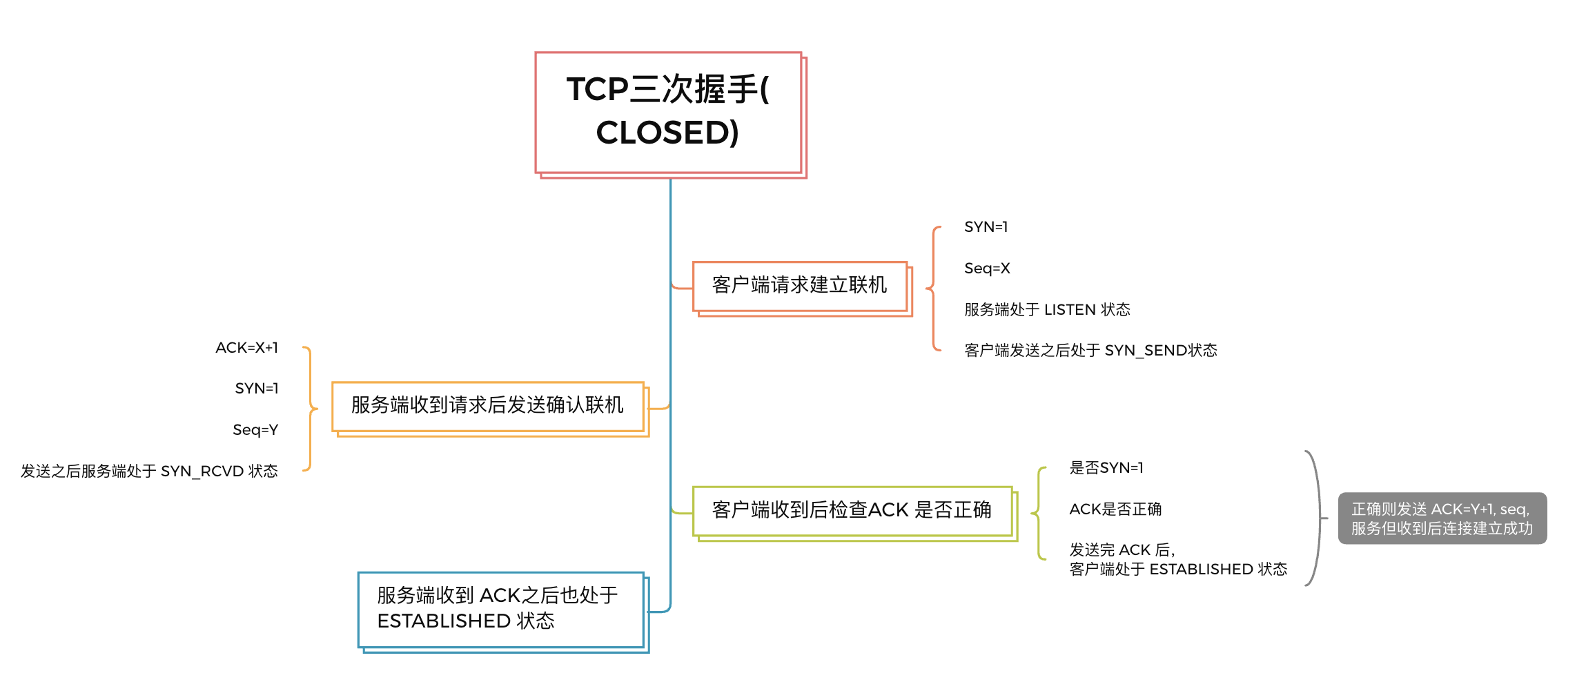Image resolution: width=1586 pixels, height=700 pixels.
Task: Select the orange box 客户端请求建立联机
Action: pyautogui.click(x=799, y=285)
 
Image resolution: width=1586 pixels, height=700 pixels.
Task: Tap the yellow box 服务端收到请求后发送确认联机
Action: pyautogui.click(x=487, y=405)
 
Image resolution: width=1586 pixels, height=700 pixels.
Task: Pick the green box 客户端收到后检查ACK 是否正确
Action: pyautogui.click(x=852, y=510)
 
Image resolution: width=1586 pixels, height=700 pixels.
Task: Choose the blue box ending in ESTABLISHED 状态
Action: pyautogui.click(x=500, y=608)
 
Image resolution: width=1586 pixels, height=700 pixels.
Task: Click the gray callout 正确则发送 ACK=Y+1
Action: pyautogui.click(x=1442, y=518)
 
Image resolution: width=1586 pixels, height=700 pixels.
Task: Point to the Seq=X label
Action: pyautogui.click(x=987, y=269)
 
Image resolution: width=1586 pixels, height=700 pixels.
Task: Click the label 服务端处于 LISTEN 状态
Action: pyautogui.click(x=1047, y=310)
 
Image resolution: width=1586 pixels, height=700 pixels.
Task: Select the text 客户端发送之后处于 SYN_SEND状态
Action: pyautogui.click(x=1090, y=351)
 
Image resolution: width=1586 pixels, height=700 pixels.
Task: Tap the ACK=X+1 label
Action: pyautogui.click(x=247, y=348)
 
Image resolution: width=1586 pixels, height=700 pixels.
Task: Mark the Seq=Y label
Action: pyautogui.click(x=255, y=430)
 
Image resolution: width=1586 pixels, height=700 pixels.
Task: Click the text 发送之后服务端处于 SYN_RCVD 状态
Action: pyautogui.click(x=149, y=471)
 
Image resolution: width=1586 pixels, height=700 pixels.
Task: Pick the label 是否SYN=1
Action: pyautogui.click(x=1106, y=468)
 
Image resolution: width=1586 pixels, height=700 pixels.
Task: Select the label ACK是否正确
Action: pyautogui.click(x=1115, y=509)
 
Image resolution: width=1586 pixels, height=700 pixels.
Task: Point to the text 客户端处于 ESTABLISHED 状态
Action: pyautogui.click(x=1178, y=570)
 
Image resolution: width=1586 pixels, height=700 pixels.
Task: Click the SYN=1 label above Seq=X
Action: pyautogui.click(x=986, y=227)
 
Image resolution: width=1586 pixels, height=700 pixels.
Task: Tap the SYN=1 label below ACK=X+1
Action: pyautogui.click(x=257, y=389)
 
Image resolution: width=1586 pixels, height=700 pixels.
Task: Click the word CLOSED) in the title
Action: pyautogui.click(x=667, y=133)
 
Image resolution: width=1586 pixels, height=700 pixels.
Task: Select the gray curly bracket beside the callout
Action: pyautogui.click(x=1317, y=518)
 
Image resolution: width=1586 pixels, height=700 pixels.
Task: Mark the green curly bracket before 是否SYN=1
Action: pyautogui.click(x=1038, y=513)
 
